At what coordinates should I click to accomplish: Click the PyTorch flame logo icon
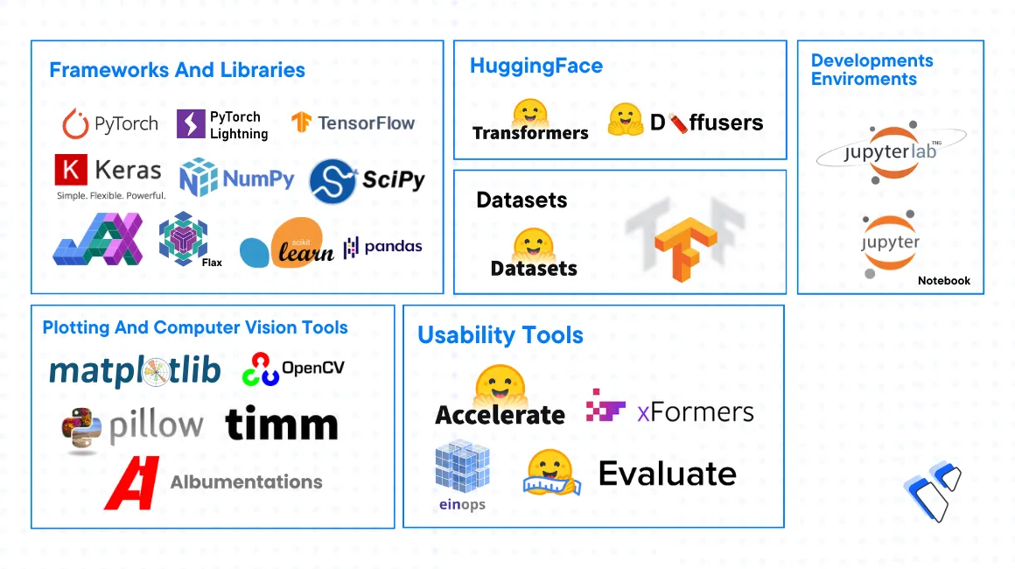(x=75, y=124)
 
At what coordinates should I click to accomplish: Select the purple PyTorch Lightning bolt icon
(x=191, y=123)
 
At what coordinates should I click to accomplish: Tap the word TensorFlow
(x=366, y=123)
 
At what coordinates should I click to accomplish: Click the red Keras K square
(x=70, y=170)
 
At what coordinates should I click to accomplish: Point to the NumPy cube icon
(x=198, y=178)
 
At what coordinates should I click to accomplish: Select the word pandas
(x=393, y=247)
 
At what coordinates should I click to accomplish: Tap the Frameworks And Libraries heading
(x=177, y=70)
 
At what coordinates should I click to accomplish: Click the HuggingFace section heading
(x=535, y=66)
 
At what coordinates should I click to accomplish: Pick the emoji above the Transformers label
(x=530, y=111)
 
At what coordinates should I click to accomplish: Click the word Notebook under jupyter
(x=943, y=281)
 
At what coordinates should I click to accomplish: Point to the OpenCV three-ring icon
(x=260, y=369)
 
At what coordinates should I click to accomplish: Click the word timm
(x=281, y=425)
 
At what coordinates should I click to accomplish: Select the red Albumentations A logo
(x=132, y=482)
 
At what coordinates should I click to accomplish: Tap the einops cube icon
(x=462, y=468)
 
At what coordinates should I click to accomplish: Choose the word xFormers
(x=695, y=411)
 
